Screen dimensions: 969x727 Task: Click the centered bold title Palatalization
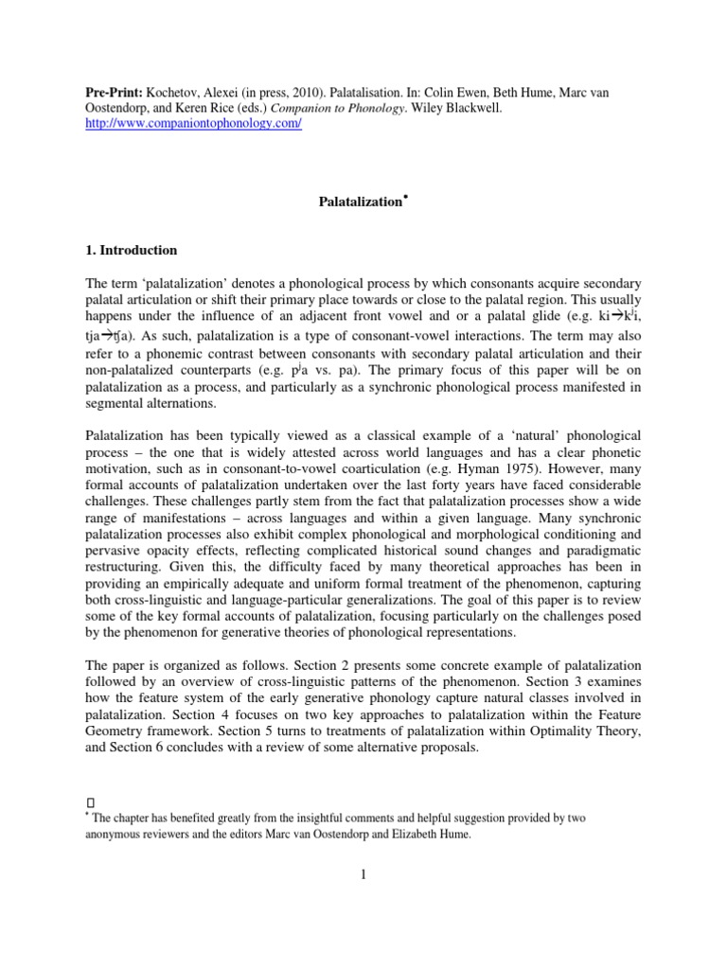[359, 202]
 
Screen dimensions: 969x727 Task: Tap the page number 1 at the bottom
[363, 875]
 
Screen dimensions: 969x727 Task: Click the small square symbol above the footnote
[88, 801]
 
